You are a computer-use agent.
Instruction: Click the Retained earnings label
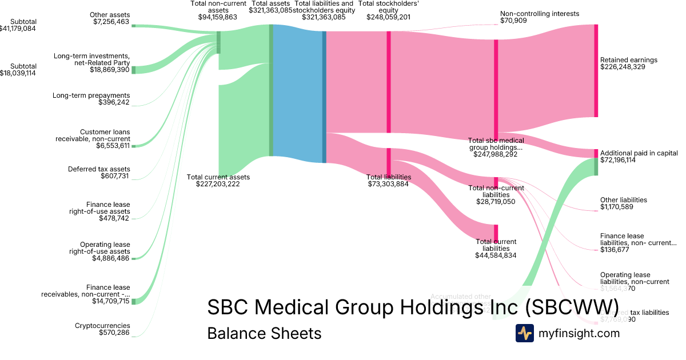coord(629,60)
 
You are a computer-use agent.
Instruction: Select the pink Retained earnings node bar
coord(596,71)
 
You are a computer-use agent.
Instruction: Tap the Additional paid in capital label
coord(639,153)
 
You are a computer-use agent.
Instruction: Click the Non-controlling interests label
coord(539,14)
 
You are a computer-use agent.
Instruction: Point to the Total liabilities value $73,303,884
coord(389,184)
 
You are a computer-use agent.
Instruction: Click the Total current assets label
coord(218,177)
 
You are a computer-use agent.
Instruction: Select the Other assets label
coord(110,15)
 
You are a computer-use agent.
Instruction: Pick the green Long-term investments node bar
coord(134,70)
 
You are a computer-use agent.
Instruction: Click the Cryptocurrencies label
coord(102,326)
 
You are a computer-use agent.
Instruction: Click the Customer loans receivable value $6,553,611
coord(113,146)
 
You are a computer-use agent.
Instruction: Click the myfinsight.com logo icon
coord(524,333)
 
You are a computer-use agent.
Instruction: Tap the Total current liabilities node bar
coord(496,233)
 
